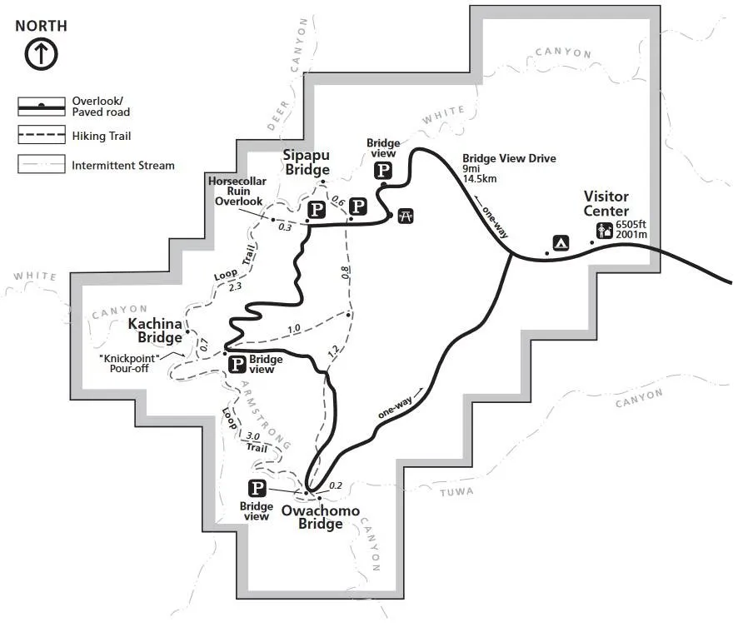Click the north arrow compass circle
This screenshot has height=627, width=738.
(42, 54)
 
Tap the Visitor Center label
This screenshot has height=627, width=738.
(606, 204)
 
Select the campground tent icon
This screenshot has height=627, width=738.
(561, 242)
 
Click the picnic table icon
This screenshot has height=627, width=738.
(406, 216)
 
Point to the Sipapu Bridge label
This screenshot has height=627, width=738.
(307, 162)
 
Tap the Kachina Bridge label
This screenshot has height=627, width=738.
(155, 331)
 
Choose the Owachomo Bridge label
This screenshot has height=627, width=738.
(321, 517)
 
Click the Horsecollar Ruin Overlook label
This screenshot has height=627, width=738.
(237, 192)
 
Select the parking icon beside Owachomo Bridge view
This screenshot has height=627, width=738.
(257, 488)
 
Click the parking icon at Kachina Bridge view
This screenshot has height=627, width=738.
(237, 364)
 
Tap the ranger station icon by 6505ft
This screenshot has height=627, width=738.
(605, 231)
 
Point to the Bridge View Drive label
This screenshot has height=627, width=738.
(509, 158)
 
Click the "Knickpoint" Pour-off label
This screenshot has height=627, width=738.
(129, 364)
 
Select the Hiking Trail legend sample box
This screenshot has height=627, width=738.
(42, 135)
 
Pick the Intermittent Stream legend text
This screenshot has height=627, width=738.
(122, 166)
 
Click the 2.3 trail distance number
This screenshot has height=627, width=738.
(235, 286)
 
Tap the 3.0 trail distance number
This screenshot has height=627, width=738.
(252, 436)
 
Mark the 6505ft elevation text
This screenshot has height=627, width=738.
(631, 225)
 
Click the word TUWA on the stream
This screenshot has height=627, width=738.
(456, 492)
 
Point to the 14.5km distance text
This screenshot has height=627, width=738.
(479, 179)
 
